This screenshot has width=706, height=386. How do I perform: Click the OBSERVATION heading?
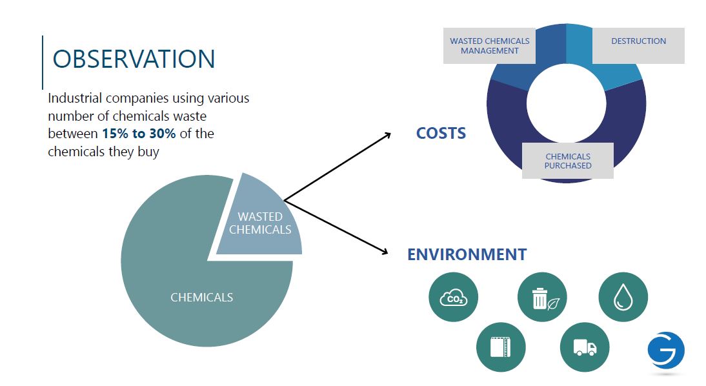[x=134, y=59]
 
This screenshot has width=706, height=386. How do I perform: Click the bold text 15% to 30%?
[x=139, y=134]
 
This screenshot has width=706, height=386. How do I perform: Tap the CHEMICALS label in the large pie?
[x=202, y=298]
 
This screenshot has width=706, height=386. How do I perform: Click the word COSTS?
[x=441, y=134]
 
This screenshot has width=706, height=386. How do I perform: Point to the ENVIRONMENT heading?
[x=467, y=254]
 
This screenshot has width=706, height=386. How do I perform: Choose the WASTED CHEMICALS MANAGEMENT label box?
[x=489, y=46]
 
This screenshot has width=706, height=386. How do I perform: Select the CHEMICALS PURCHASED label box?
[x=568, y=161]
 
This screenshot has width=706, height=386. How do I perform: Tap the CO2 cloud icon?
[x=454, y=298]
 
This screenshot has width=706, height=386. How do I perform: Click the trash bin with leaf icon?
[x=542, y=298]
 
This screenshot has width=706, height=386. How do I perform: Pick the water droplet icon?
[x=623, y=298]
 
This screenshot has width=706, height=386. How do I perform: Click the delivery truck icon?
[x=585, y=347]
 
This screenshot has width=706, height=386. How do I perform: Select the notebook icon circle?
[x=501, y=347]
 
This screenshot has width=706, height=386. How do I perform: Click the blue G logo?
[x=666, y=351]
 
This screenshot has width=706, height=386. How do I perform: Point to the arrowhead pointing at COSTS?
[x=388, y=134]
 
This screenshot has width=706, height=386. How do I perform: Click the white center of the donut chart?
[x=567, y=103]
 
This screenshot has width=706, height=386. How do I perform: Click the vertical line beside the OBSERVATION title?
[x=43, y=63]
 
